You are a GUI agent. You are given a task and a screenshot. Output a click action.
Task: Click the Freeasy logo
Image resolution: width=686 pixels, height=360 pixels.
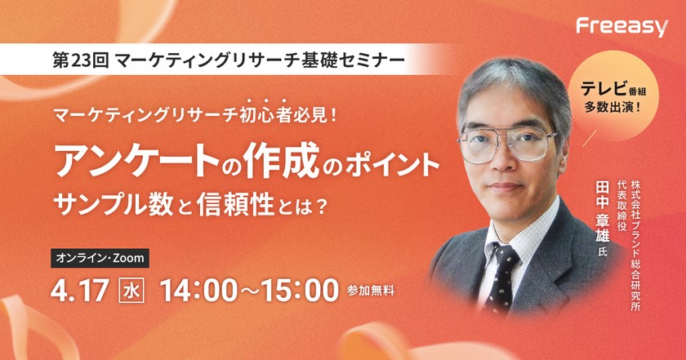pyautogui.click(x=621, y=27)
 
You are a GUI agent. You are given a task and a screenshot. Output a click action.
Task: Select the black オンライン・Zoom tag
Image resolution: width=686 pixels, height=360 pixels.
pyautogui.click(x=100, y=258)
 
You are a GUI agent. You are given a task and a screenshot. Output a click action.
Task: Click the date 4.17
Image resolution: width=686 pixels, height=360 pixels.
pyautogui.click(x=79, y=289)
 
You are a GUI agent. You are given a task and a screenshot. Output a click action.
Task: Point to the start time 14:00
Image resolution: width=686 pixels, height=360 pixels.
pyautogui.click(x=201, y=289)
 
